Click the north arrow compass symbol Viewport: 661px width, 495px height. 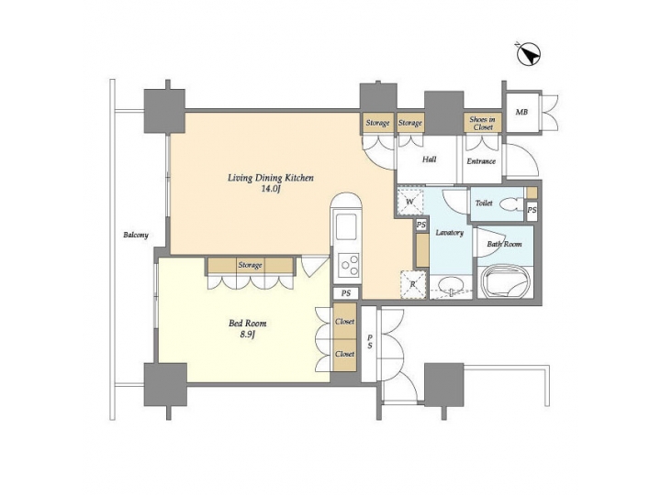pos(527,55)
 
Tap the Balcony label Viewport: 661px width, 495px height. pos(135,236)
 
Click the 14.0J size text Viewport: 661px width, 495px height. pos(270,189)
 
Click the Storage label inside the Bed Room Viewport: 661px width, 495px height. pos(250,265)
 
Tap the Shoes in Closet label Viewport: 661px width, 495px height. pos(481,123)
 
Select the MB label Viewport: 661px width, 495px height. pos(521,113)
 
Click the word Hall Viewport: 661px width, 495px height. pos(429,159)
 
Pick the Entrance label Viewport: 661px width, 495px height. pos(480,161)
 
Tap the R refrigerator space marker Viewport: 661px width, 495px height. pos(412,284)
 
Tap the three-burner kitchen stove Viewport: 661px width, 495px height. pos(349,266)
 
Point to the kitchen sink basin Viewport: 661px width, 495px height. pos(348,226)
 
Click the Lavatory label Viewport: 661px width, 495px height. pos(449,233)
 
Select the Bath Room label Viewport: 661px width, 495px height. pos(504,244)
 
